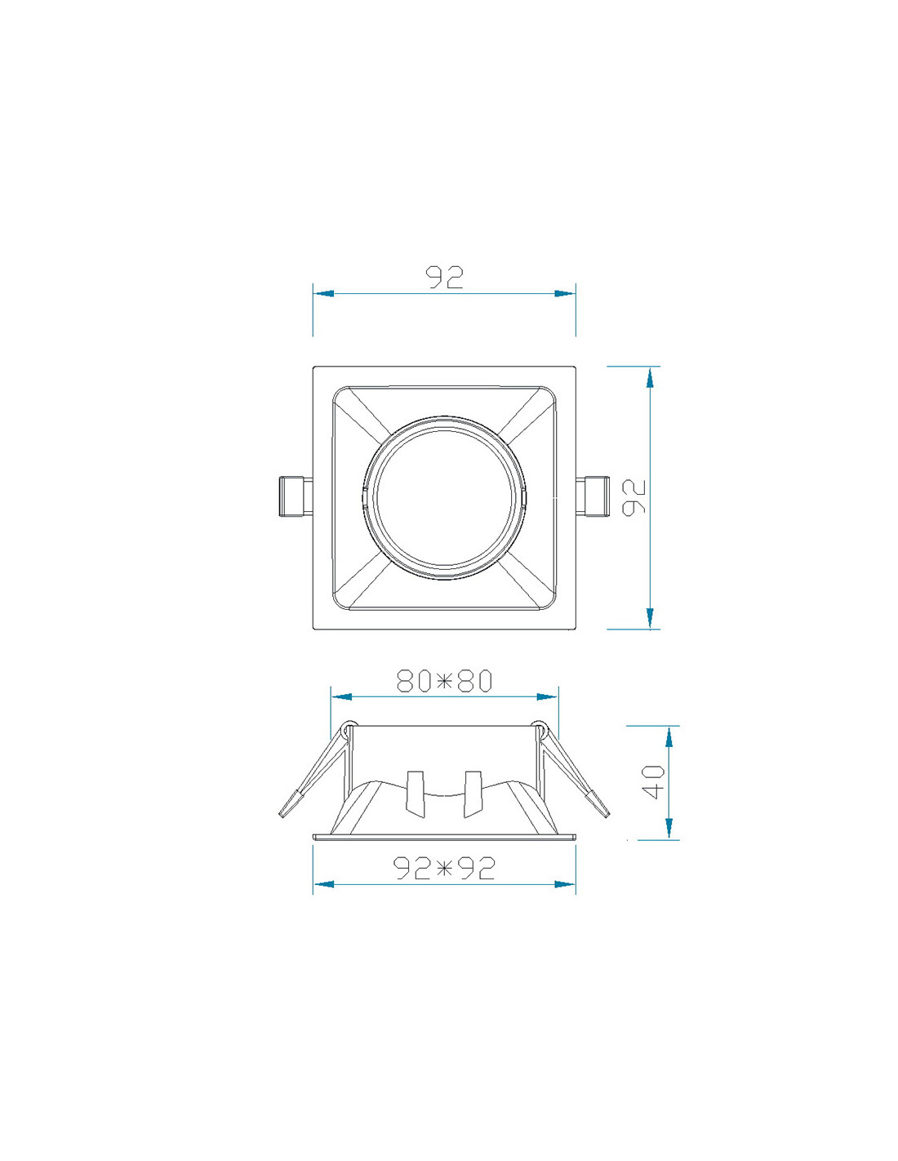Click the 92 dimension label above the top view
pyautogui.click(x=444, y=278)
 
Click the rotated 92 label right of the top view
pyautogui.click(x=634, y=497)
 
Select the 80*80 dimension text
pyautogui.click(x=444, y=681)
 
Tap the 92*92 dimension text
pyautogui.click(x=444, y=868)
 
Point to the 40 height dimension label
pyautogui.click(x=653, y=782)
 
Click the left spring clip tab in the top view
pyautogui.click(x=296, y=496)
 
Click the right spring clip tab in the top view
pyautogui.click(x=593, y=496)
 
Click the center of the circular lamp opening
pyautogui.click(x=444, y=497)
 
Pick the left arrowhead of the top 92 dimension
pyautogui.click(x=324, y=293)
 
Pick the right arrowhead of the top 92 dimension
pyautogui.click(x=565, y=293)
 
